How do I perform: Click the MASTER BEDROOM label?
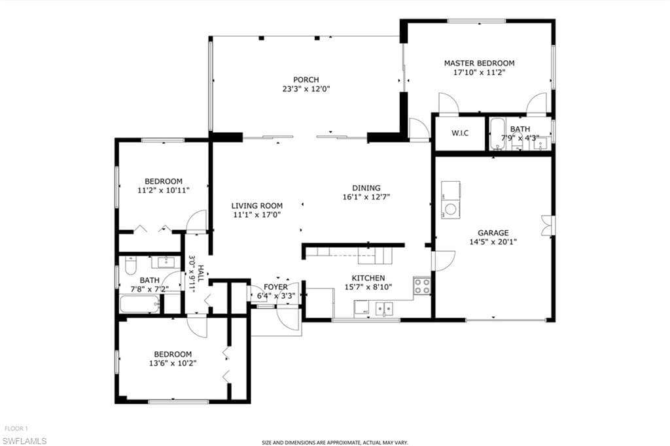[x=479, y=63]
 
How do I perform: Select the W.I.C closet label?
[x=459, y=133]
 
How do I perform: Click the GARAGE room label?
[x=493, y=233]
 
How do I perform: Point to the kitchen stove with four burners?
[x=422, y=286]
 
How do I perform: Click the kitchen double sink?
[x=383, y=307]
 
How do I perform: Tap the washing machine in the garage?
[x=451, y=210]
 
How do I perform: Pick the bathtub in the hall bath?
[x=139, y=304]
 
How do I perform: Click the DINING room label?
[x=366, y=188]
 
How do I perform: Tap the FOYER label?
[x=275, y=287]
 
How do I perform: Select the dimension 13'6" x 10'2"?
[x=173, y=364]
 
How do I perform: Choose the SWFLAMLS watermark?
[x=25, y=440]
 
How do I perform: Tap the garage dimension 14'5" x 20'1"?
[x=493, y=241]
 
